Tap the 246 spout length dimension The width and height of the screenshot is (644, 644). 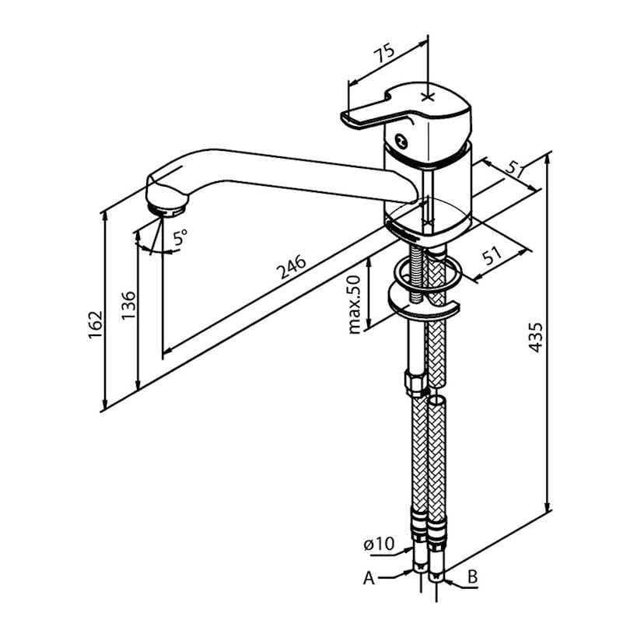pos(290,268)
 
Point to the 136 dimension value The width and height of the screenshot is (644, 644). pos(128,306)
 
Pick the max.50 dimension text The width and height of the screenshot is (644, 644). pos(354,304)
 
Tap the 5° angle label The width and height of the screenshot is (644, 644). pos(180,238)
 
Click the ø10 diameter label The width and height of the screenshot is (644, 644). pos(379,544)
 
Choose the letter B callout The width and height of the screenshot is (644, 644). pos(472,577)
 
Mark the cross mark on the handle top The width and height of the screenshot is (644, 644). pos(427,96)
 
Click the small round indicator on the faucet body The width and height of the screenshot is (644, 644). pos(400,142)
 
